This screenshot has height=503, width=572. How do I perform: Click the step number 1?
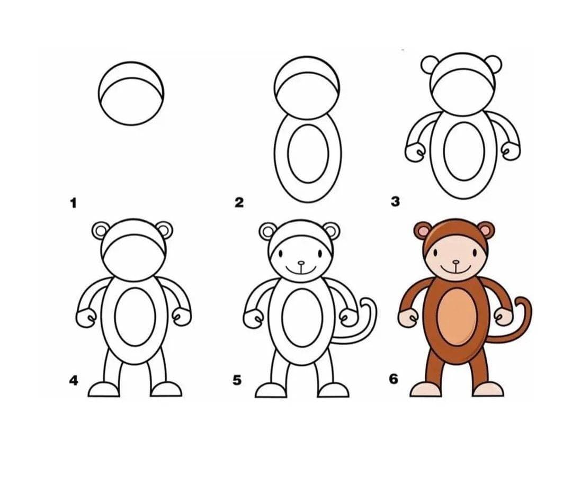(74, 203)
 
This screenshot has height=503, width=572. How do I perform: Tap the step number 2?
(239, 202)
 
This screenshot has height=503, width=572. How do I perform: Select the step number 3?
(395, 201)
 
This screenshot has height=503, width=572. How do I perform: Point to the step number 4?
(74, 381)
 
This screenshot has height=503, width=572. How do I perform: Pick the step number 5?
(237, 380)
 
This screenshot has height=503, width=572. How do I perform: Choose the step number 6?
(393, 379)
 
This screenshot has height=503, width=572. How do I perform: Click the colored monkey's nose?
(456, 262)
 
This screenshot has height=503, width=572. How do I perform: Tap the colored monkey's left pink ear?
(422, 230)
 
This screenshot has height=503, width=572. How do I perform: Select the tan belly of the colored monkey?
(457, 317)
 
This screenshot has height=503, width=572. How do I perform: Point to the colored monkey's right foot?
(488, 390)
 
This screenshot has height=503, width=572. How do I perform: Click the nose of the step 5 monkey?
(301, 263)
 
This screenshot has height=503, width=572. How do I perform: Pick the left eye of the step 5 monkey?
(282, 253)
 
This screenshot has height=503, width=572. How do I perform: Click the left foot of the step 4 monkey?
(104, 390)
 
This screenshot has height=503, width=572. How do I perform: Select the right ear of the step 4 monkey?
(165, 230)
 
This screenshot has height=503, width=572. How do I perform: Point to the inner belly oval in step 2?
(308, 154)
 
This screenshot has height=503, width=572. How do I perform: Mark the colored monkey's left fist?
(408, 318)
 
